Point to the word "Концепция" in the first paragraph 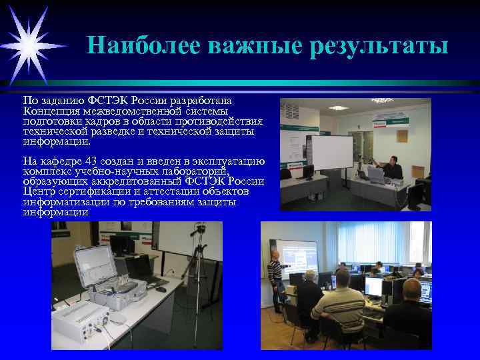(x=51, y=111)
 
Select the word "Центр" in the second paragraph (x=37, y=192)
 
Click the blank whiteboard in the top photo (x=332, y=152)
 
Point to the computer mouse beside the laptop (x=161, y=289)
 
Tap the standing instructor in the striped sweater (x=274, y=280)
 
